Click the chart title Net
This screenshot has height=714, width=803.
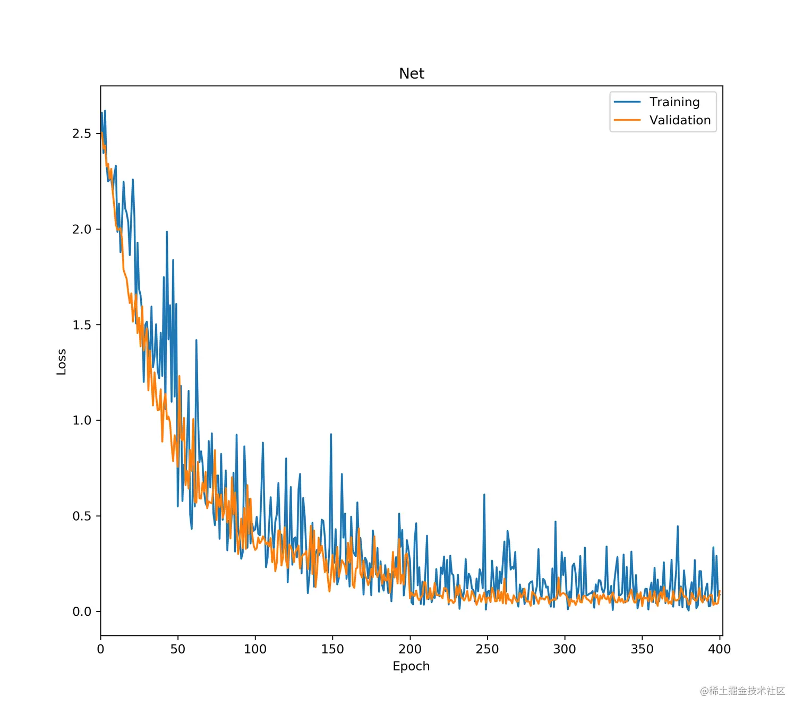click(x=412, y=73)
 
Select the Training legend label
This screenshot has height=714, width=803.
click(x=674, y=102)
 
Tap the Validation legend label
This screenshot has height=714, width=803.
click(x=680, y=120)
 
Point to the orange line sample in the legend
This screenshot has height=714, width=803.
click(x=627, y=120)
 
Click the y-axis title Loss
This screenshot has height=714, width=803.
click(x=62, y=362)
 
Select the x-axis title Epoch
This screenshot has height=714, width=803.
click(x=411, y=666)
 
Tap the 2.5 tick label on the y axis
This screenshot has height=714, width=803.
click(x=82, y=133)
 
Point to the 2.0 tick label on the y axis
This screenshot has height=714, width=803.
click(x=82, y=229)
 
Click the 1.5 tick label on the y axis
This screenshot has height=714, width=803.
click(x=82, y=325)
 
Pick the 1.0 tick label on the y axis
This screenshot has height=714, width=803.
click(x=82, y=420)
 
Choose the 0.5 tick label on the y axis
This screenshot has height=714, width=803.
click(x=82, y=516)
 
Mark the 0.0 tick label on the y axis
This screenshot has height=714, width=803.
click(x=82, y=611)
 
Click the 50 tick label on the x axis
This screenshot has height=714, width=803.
click(x=178, y=649)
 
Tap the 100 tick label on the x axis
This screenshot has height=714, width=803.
click(x=255, y=649)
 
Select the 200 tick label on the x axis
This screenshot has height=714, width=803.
click(x=410, y=649)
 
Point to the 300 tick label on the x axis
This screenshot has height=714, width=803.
click(x=565, y=649)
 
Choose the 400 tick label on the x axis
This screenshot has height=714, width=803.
click(x=720, y=649)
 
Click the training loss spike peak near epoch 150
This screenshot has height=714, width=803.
click(x=331, y=435)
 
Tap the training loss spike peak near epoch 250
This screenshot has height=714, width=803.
click(x=484, y=495)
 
